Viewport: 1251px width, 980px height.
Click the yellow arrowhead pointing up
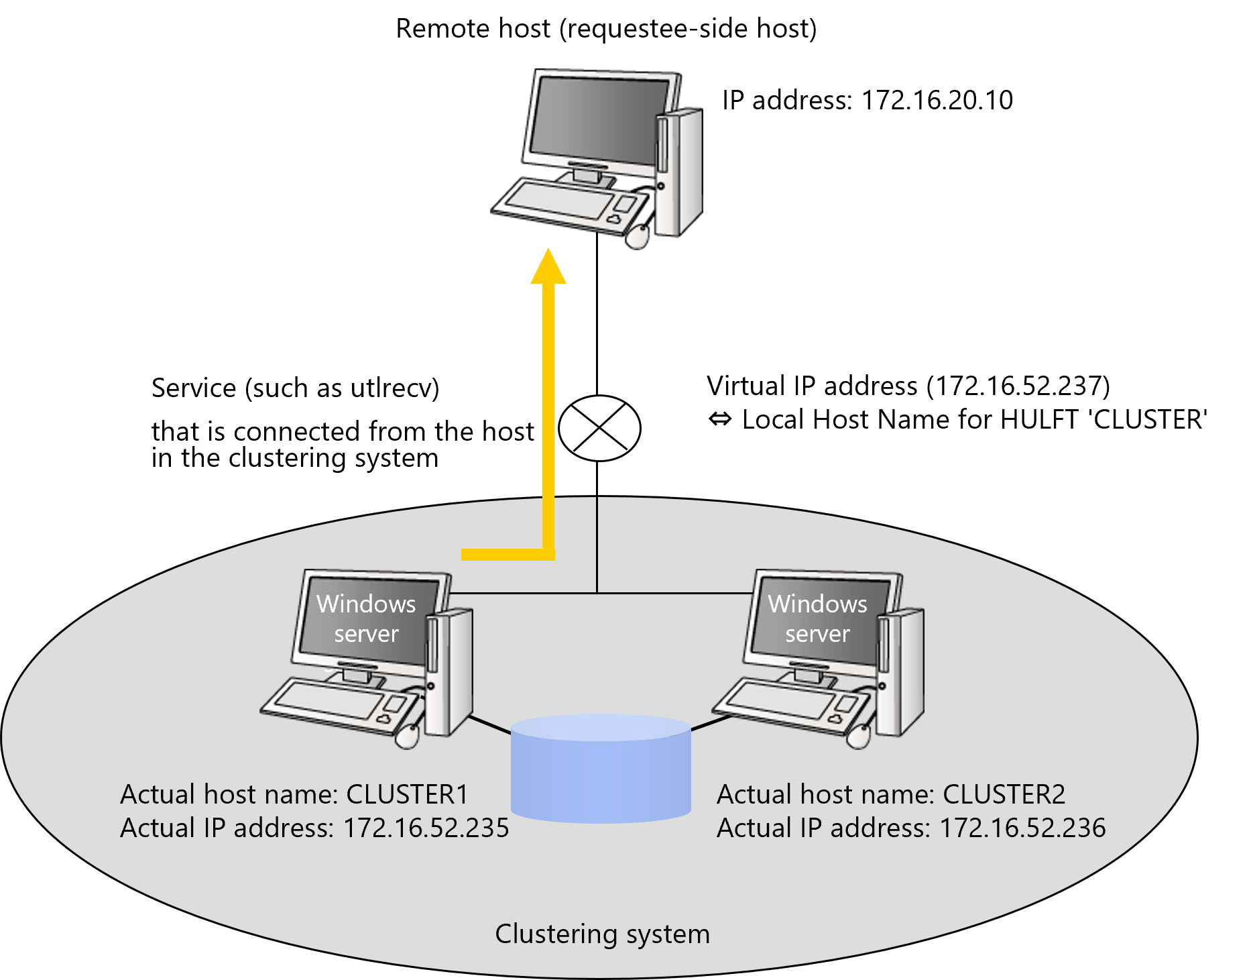click(x=548, y=268)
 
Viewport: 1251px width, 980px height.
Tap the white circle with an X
click(x=599, y=428)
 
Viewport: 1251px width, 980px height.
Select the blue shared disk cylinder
click(x=601, y=771)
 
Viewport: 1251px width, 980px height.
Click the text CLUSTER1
click(x=407, y=794)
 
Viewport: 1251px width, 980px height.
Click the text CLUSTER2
click(x=1004, y=794)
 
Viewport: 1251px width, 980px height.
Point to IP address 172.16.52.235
click(x=426, y=828)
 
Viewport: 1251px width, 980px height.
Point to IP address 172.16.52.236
click(x=1022, y=828)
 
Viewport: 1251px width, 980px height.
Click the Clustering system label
click(x=602, y=934)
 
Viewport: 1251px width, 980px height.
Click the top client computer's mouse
click(x=638, y=236)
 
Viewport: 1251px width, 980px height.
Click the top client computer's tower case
click(x=678, y=171)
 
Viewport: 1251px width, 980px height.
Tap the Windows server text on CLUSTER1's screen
click(x=366, y=618)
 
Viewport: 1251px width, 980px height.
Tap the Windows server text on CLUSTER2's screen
click(x=817, y=618)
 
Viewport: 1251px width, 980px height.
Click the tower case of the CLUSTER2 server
click(x=901, y=671)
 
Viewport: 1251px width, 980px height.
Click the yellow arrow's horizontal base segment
click(x=503, y=554)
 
